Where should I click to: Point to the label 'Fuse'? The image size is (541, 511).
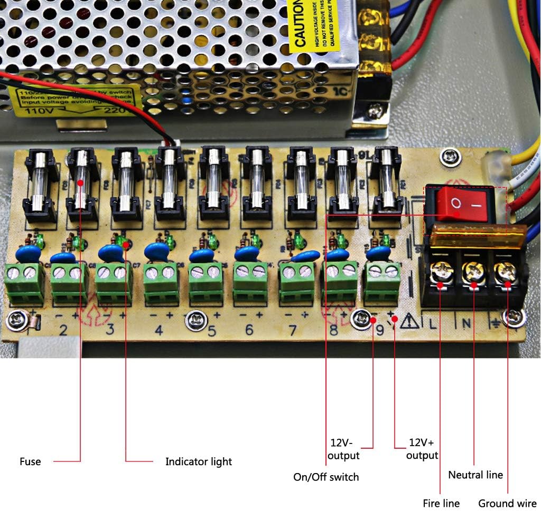tap(30, 461)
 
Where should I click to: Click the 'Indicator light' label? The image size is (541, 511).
tap(199, 461)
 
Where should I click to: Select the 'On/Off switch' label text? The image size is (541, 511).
tap(326, 477)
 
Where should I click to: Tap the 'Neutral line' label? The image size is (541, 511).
tap(475, 475)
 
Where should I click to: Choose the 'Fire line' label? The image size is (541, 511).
tap(441, 503)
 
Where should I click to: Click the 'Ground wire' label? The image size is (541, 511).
tap(507, 503)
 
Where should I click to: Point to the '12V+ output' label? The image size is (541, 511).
tap(422, 448)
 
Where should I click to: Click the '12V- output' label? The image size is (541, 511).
tap(343, 448)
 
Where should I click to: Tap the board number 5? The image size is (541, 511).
tap(212, 331)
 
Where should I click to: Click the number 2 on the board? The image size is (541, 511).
tap(63, 331)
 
